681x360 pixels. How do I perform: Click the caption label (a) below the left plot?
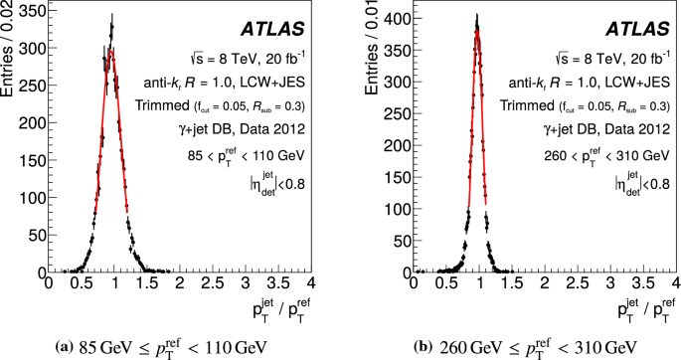(x=66, y=347)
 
